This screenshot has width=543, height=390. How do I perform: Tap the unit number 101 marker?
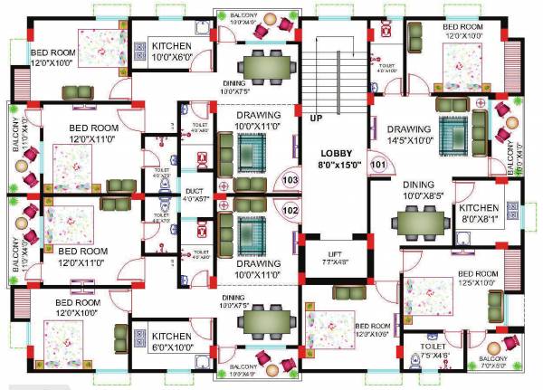[x=378, y=166]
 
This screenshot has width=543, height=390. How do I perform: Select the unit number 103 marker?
[x=291, y=181]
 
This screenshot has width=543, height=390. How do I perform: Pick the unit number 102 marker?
[x=291, y=210]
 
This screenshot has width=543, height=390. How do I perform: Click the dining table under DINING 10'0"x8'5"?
[x=420, y=219]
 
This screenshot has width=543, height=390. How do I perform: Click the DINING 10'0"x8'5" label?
[x=419, y=188]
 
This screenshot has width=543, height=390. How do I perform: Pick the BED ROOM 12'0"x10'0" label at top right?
[x=463, y=32]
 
